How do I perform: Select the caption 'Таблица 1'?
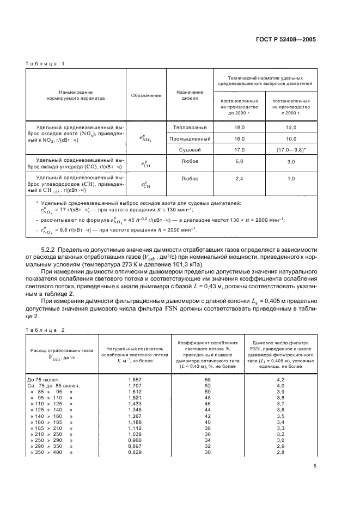pos(45,64)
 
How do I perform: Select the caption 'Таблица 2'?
pos(45,330)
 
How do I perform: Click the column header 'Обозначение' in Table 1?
pos(146,95)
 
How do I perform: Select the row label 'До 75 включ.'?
pos(43,379)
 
